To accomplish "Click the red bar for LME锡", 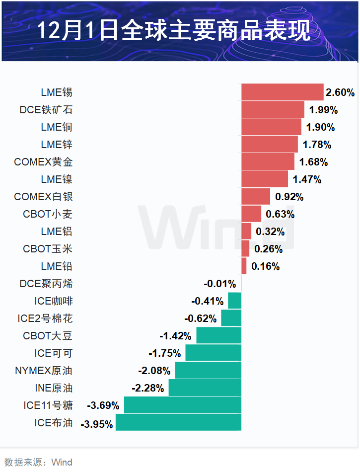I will [x=282, y=92].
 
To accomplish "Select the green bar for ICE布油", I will [x=178, y=422].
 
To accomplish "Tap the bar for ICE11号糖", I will [x=182, y=405].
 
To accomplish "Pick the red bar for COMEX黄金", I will [x=268, y=161].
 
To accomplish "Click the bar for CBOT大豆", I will [x=218, y=335].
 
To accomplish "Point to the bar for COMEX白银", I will [x=256, y=196].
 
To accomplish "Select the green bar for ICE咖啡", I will [x=234, y=301].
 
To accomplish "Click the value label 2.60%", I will [x=340, y=92].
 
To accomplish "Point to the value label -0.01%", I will [x=219, y=284].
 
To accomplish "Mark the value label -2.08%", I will [x=154, y=371].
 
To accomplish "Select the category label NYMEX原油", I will [x=44, y=371].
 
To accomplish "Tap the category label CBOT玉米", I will [x=48, y=249].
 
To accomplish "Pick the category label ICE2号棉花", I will [x=45, y=318].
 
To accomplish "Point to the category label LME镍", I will [x=57, y=179].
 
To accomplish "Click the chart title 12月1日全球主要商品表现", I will [x=174, y=31].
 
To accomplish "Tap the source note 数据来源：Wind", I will [x=38, y=462].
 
